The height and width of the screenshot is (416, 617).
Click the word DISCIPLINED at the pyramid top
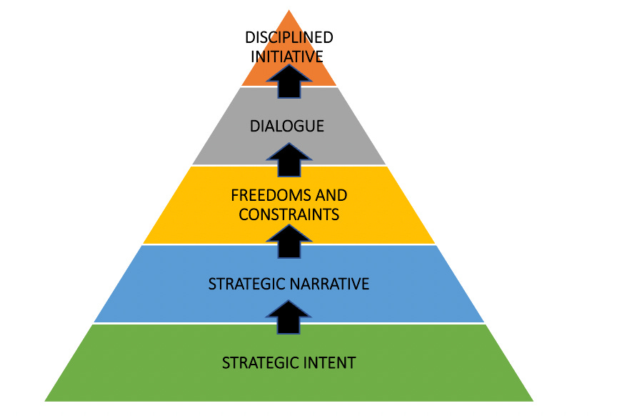289,37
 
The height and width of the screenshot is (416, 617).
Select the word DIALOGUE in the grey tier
287,127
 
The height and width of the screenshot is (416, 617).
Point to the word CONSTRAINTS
289,213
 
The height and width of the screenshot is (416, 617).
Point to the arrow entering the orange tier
289,79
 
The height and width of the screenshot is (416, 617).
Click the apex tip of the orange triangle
289,11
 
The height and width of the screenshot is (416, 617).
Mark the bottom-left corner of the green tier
46,400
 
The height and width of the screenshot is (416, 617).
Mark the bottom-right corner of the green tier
532,400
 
